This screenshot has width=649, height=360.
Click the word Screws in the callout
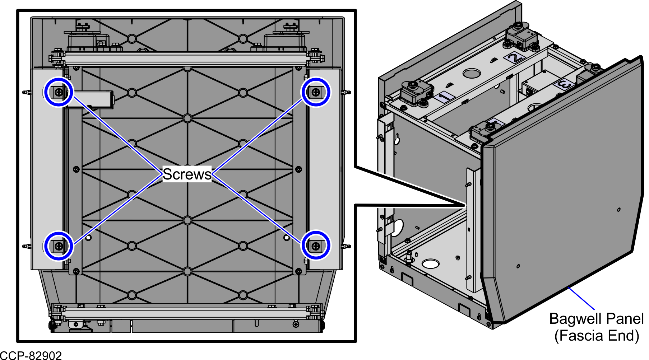[187, 174]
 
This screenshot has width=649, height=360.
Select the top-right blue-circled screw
[316, 93]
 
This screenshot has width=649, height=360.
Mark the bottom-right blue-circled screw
[316, 246]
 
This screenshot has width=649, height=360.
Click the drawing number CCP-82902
[31, 355]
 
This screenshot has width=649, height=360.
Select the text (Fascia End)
[597, 336]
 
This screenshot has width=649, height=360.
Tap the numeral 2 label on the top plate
[515, 57]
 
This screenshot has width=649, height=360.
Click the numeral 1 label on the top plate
[444, 97]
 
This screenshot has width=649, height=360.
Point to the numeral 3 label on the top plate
[564, 85]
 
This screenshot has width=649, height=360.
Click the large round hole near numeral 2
[472, 73]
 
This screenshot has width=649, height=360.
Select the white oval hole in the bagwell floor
[431, 264]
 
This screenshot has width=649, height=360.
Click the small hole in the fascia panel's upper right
[618, 210]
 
